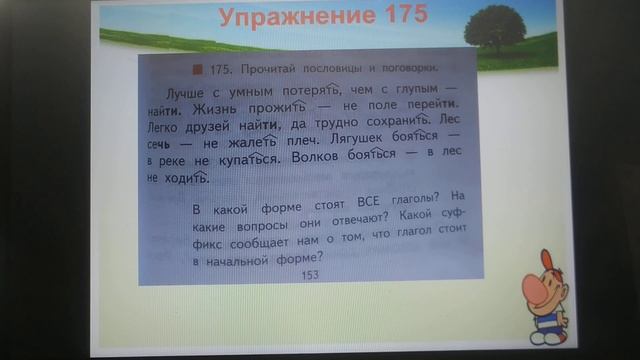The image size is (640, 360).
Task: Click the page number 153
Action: click(x=311, y=274)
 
